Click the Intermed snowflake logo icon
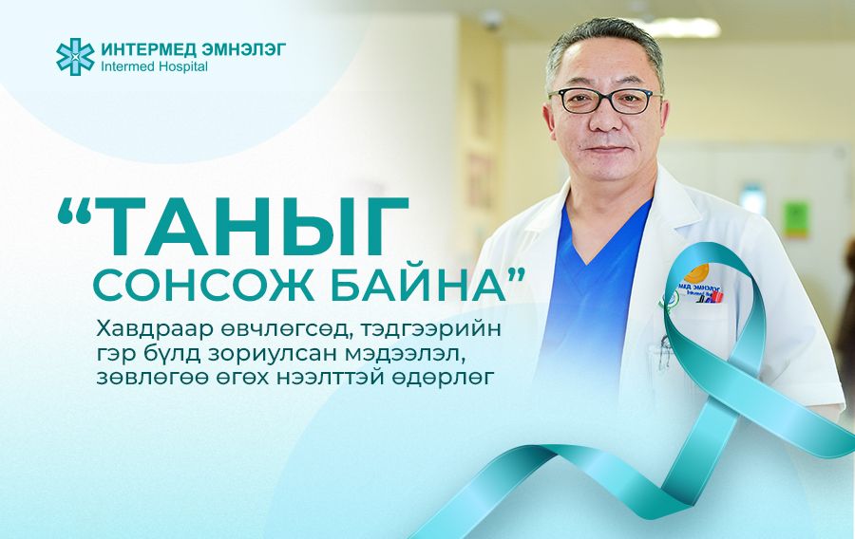[74, 55]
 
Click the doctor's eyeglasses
[604, 100]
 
